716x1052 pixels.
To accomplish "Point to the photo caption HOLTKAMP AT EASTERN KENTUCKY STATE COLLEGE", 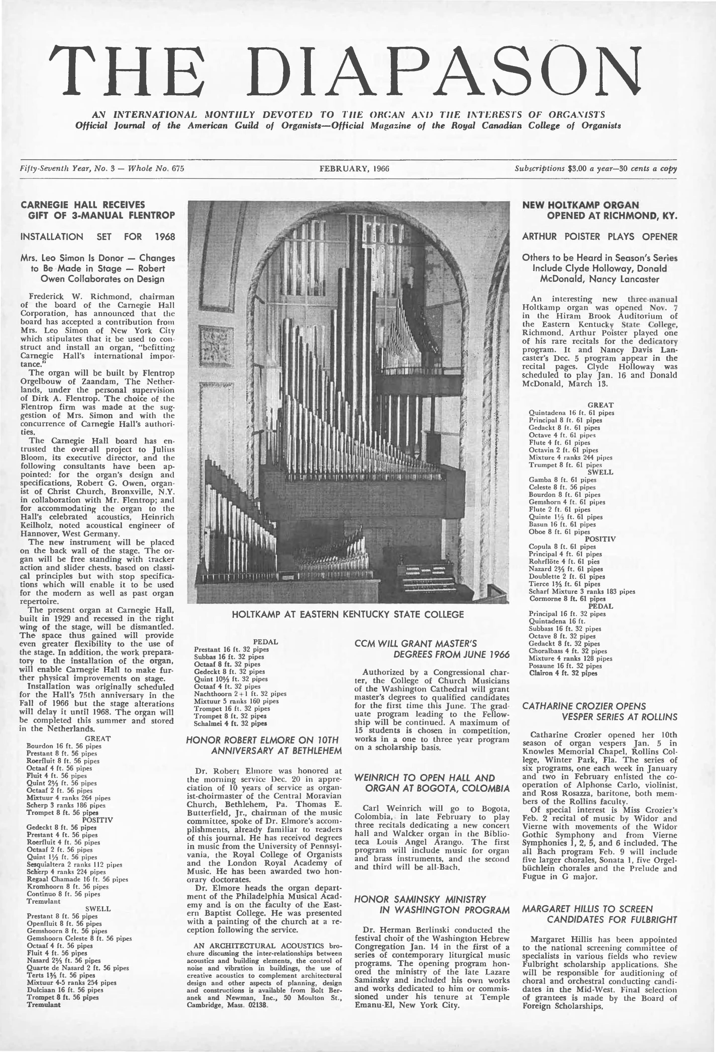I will (x=348, y=614).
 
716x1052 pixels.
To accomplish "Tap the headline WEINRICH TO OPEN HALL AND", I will (x=425, y=778).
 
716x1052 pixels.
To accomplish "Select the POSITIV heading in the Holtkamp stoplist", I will (x=599, y=539).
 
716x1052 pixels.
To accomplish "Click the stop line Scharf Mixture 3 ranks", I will (x=582, y=591).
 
